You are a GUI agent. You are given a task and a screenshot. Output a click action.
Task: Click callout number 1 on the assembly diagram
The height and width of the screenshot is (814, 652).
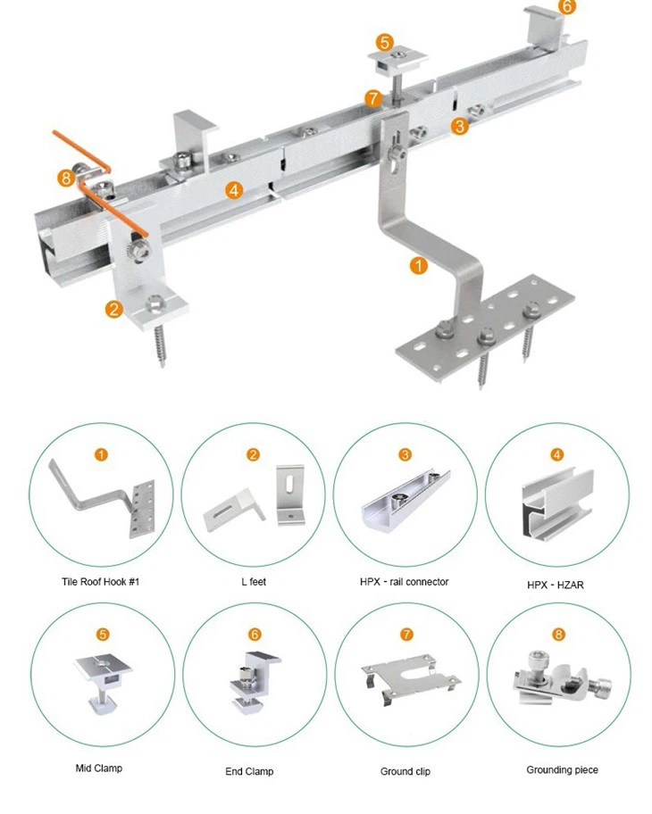pos(419,264)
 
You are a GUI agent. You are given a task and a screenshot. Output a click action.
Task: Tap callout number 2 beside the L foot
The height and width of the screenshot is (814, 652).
pos(113,310)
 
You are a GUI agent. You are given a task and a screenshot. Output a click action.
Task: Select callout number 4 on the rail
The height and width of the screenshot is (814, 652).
pos(234,189)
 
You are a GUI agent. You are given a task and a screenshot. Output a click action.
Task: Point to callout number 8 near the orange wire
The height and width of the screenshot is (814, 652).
pos(65,178)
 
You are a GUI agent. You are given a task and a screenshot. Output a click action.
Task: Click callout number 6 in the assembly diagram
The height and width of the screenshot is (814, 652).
pos(567,6)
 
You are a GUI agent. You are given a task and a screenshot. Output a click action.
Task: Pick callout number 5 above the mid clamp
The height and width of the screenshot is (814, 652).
pos(384,41)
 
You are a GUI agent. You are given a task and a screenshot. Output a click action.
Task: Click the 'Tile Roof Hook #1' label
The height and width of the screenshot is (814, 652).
pos(100,582)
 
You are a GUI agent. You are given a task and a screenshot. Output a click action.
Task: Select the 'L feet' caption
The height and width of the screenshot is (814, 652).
pos(254,582)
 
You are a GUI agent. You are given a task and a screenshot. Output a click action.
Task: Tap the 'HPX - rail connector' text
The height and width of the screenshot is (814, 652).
pos(405,582)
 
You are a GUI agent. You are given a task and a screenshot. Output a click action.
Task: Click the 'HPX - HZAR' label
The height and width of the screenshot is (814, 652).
pos(557,584)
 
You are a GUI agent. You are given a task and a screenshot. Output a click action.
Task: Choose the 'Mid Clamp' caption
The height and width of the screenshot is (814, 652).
pos(99,768)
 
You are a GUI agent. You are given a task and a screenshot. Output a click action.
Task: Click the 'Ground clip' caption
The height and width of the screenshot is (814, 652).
pos(404,770)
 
